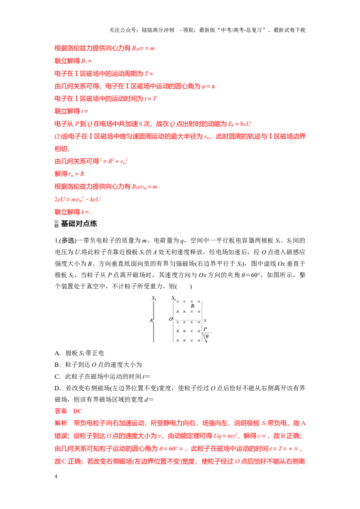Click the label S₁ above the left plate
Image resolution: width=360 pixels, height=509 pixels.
(154, 298)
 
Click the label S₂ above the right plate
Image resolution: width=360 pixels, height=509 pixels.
(174, 298)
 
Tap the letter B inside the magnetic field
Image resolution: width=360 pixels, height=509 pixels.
(192, 306)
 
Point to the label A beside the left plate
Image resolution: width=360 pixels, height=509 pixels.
(151, 321)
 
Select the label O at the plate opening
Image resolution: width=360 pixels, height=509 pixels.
(171, 319)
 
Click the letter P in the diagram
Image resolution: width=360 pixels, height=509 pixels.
(205, 329)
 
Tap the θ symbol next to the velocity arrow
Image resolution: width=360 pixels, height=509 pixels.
(207, 336)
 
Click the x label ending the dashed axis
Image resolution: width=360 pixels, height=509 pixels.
(205, 321)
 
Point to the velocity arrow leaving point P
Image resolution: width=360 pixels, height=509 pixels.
(204, 337)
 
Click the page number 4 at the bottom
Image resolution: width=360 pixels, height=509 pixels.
(56, 476)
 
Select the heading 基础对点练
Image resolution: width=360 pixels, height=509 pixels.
(79, 223)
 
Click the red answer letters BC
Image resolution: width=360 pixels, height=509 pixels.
(78, 411)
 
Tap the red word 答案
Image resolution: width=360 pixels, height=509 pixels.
(61, 411)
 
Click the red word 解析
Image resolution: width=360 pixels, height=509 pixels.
(61, 423)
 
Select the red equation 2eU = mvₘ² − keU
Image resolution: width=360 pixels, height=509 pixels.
(78, 199)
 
